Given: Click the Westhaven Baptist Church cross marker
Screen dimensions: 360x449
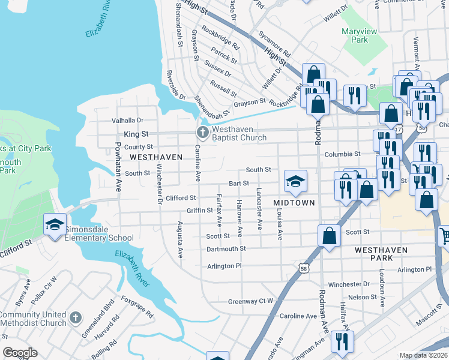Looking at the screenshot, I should pyautogui.click(x=203, y=132).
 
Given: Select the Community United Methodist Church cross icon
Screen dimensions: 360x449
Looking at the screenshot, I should pyautogui.click(x=75, y=317).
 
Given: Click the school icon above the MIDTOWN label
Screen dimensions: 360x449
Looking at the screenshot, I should pyautogui.click(x=295, y=182).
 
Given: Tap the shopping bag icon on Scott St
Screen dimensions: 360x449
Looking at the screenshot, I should pyautogui.click(x=329, y=236).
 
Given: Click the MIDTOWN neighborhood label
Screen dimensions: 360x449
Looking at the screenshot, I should pyautogui.click(x=294, y=203).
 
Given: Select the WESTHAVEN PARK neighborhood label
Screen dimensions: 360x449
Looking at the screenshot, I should pyautogui.click(x=383, y=253).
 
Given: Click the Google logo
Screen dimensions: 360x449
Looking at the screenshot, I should pyautogui.click(x=20, y=353).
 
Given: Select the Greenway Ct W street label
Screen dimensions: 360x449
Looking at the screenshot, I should pyautogui.click(x=250, y=301).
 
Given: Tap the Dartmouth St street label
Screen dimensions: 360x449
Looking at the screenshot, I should pyautogui.click(x=226, y=248).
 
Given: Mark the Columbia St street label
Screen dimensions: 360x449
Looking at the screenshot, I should pyautogui.click(x=342, y=154).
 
